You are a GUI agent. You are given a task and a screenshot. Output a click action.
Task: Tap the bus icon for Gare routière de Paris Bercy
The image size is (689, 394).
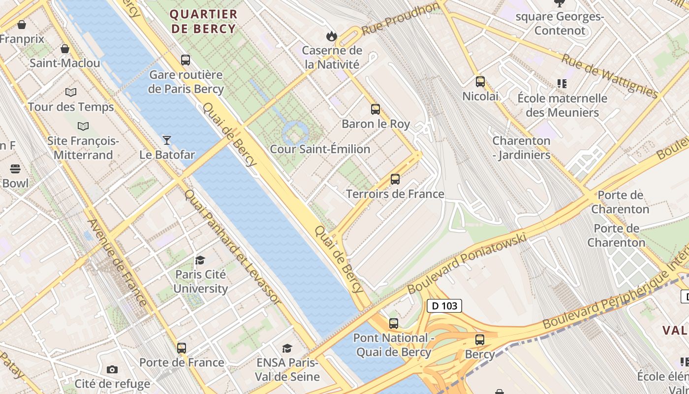186,60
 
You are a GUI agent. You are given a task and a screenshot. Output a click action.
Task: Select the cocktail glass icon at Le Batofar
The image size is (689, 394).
167,140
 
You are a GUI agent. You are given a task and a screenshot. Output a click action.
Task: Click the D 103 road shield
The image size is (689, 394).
444,306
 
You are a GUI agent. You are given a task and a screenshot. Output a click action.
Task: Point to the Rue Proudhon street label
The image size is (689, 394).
400,19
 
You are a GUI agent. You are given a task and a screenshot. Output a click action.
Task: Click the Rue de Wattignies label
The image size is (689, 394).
609,75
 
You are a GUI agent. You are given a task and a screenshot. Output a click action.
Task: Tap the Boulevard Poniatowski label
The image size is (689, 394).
467,263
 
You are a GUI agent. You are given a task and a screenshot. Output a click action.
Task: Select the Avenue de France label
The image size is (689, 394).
117,262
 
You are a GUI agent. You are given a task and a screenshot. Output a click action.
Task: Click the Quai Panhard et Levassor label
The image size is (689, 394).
232,246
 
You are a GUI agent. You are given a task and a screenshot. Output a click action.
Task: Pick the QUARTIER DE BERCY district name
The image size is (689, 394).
204,21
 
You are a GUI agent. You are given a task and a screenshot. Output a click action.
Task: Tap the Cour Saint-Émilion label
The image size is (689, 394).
320,149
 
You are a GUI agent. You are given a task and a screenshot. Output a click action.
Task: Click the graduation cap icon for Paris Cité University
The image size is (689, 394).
200,260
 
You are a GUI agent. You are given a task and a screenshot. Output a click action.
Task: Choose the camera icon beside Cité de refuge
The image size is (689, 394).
112,369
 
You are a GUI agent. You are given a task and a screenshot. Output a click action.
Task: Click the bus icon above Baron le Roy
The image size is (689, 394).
376,109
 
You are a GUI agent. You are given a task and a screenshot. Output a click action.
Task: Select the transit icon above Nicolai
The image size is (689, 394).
480,82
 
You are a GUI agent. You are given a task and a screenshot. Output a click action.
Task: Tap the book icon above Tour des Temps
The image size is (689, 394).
71,92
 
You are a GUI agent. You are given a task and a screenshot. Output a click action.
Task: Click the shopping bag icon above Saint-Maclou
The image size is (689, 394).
64,49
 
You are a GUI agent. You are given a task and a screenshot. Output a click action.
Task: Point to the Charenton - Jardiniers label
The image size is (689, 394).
521,148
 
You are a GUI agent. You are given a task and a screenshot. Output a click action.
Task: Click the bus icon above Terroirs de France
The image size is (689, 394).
395,179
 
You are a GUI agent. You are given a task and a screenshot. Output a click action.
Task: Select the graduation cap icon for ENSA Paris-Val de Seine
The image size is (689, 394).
287,349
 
